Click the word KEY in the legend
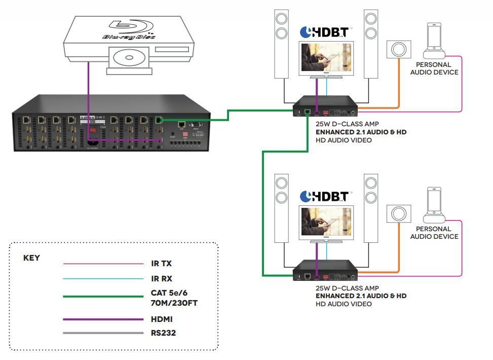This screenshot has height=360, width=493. [31, 258]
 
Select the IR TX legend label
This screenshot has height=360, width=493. [162, 264]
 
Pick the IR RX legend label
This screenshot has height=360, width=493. [162, 278]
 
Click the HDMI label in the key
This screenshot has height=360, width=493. [162, 319]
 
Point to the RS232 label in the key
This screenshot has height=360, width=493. [164, 333]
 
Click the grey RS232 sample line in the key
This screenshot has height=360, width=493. [103, 333]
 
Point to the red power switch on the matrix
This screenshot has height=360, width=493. [92, 130]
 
